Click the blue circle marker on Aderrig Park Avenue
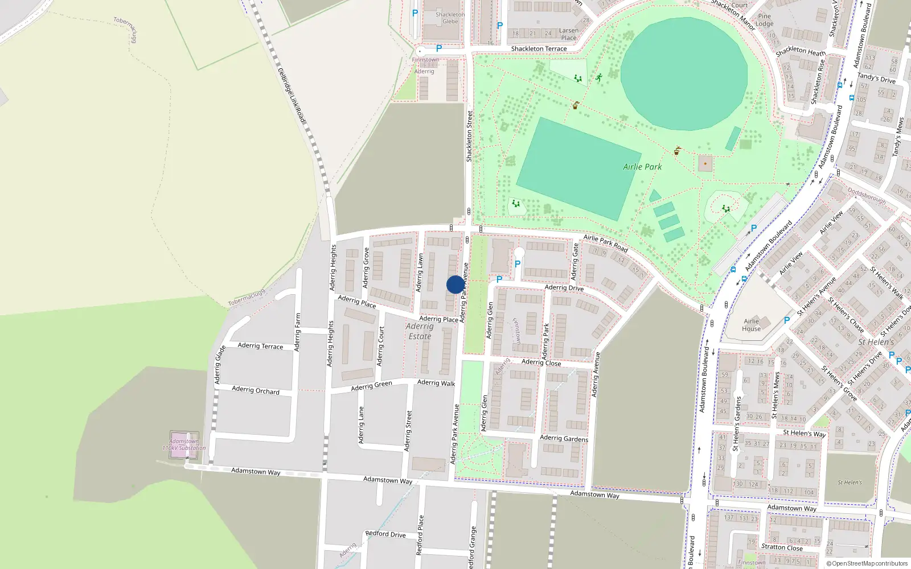coord(455,284)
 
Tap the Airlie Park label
coord(642,167)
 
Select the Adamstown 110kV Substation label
coord(184,444)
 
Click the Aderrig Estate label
coord(420,331)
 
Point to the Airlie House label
coord(751,325)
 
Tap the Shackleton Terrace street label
coord(539,49)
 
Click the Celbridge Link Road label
coord(292,95)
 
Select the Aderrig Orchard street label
coord(256,390)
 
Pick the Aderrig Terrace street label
coord(260,345)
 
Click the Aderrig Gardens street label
coord(564,438)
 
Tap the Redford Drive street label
coord(385,534)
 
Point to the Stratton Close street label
coord(782,547)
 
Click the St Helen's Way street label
coord(804,433)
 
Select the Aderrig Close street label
coord(541,362)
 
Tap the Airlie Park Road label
coord(605,244)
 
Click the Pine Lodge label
coord(765,20)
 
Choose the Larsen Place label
coord(568,34)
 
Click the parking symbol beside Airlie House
coord(786,320)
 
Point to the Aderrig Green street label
coord(371,386)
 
